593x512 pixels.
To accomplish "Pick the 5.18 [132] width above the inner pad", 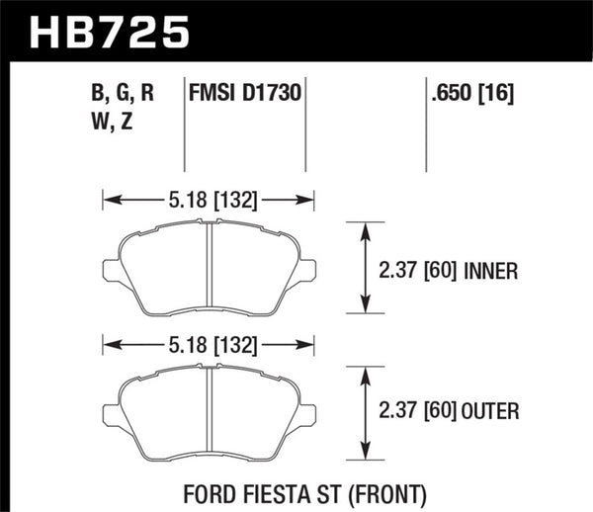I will point(209,201).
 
